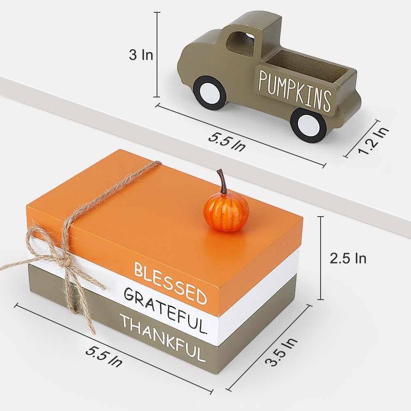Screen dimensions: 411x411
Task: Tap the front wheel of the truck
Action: [x=209, y=92]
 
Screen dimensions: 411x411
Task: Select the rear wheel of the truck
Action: [x=308, y=125]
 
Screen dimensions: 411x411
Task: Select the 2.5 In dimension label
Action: [x=348, y=258]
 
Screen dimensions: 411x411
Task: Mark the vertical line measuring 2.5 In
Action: [x=321, y=258]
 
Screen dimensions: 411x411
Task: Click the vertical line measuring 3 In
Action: [x=157, y=55]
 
